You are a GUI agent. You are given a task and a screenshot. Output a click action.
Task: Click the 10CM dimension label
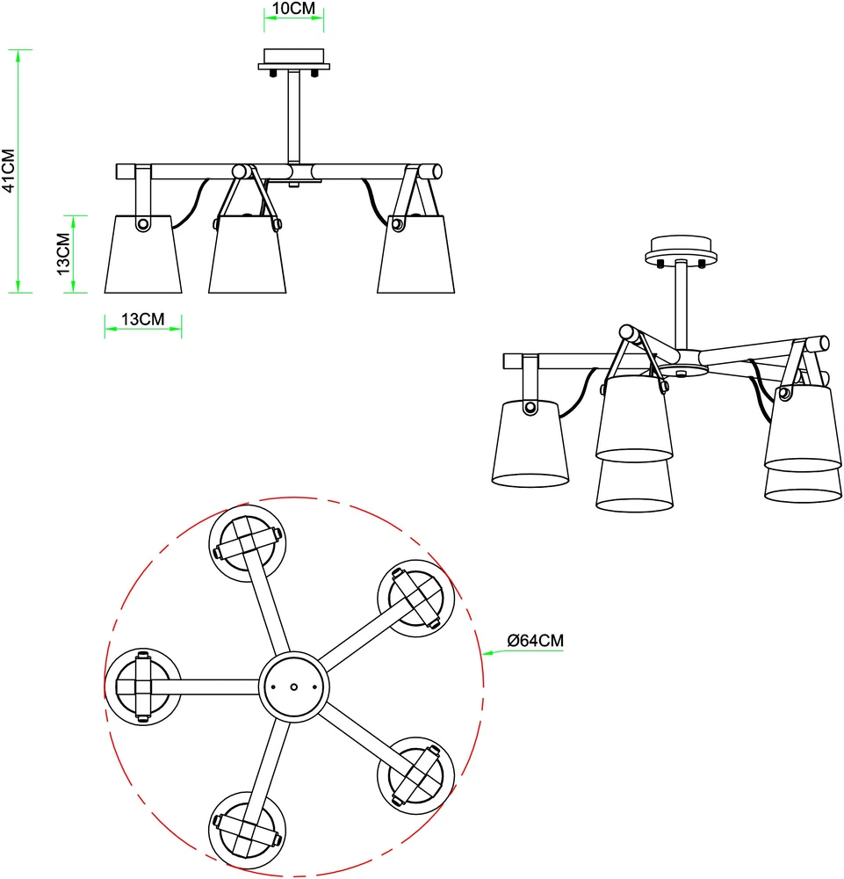click(293, 9)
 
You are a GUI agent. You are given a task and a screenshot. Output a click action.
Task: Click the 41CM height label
click(9, 171)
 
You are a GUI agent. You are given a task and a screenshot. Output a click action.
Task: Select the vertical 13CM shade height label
click(63, 254)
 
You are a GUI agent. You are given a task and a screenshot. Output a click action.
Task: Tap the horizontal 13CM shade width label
click(143, 319)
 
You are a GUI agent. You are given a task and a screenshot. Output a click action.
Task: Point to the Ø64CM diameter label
click(536, 640)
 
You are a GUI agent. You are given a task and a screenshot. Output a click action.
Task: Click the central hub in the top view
click(293, 686)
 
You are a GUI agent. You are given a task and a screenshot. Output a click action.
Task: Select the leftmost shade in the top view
click(143, 686)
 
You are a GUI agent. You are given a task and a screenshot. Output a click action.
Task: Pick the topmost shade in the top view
click(248, 543)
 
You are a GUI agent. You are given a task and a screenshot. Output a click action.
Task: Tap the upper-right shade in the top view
click(416, 598)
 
